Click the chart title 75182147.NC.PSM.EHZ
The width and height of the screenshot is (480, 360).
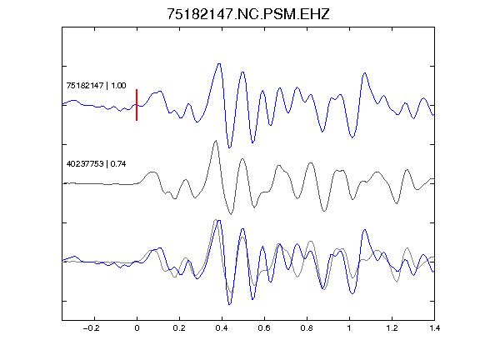(x=248, y=14)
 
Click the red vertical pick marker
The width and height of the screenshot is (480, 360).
(x=137, y=105)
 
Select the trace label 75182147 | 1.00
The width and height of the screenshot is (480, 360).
(x=96, y=85)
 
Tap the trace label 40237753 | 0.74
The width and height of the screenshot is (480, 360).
(x=96, y=164)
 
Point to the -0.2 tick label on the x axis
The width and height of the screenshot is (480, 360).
(x=92, y=328)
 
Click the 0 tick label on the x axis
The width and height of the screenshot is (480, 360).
(x=137, y=328)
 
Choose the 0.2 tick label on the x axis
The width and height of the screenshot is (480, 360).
(x=179, y=328)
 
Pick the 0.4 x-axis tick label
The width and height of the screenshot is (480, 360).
(x=222, y=328)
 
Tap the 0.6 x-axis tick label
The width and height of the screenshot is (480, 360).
(x=264, y=328)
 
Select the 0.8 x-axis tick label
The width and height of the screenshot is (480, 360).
(x=307, y=328)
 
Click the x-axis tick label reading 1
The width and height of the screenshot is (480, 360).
(x=349, y=328)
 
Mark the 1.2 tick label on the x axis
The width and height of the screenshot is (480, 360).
(x=392, y=328)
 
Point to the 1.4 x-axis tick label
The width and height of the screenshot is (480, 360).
(x=434, y=328)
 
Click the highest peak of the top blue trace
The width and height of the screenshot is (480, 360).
(x=219, y=63)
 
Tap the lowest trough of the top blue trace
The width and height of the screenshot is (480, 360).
(x=230, y=147)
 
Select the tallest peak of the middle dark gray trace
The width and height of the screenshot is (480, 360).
(x=216, y=141)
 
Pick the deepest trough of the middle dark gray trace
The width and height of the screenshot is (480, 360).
(x=231, y=214)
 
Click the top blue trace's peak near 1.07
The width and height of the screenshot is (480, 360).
(x=365, y=72)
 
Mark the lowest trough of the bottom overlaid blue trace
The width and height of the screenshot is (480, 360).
(x=230, y=304)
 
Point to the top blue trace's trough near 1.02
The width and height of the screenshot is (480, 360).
(x=352, y=137)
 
